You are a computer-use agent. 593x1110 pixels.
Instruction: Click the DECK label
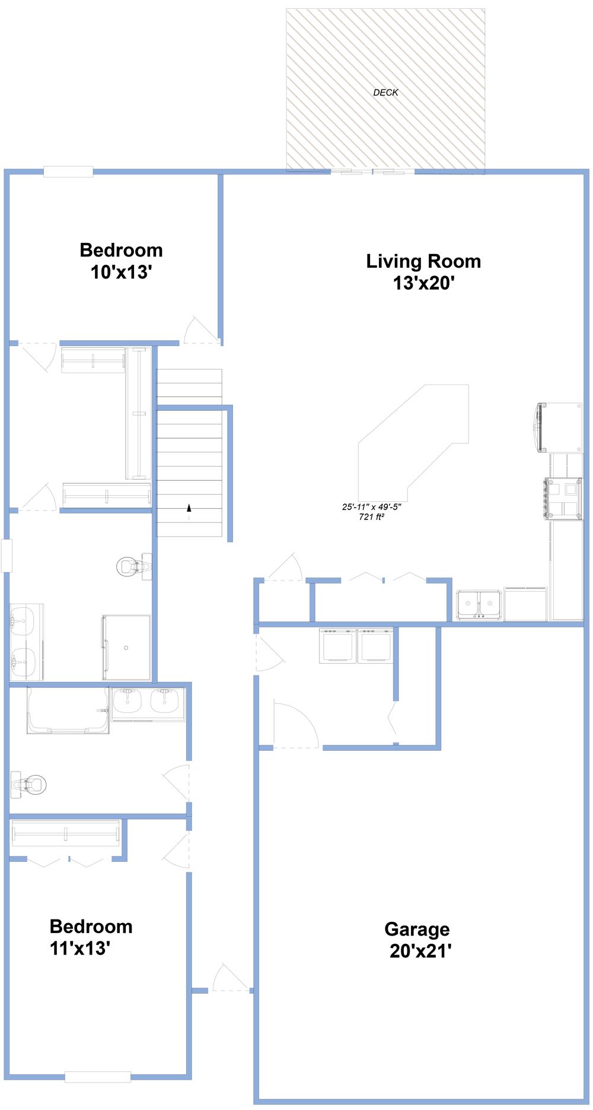point(385,93)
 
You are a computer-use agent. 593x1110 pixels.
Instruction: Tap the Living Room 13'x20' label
point(423,272)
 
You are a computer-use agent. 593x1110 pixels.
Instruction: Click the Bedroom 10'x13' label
point(121,261)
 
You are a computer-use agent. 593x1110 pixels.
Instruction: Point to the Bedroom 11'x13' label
point(91,937)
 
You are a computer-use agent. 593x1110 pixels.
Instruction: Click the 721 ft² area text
point(371,517)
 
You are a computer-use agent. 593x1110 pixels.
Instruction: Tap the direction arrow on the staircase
point(189,508)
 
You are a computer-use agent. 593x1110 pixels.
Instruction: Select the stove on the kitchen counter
point(563,498)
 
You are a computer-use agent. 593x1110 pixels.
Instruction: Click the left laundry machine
point(338,645)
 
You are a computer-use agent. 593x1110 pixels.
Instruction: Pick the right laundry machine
point(375,645)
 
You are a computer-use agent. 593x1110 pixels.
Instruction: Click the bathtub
point(68,710)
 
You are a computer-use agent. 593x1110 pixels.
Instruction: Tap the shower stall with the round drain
point(126,647)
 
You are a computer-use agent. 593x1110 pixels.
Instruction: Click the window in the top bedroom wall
point(68,172)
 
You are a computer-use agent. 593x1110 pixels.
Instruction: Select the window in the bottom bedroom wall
point(98,1077)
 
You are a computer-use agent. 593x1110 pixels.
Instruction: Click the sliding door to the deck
point(372,172)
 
